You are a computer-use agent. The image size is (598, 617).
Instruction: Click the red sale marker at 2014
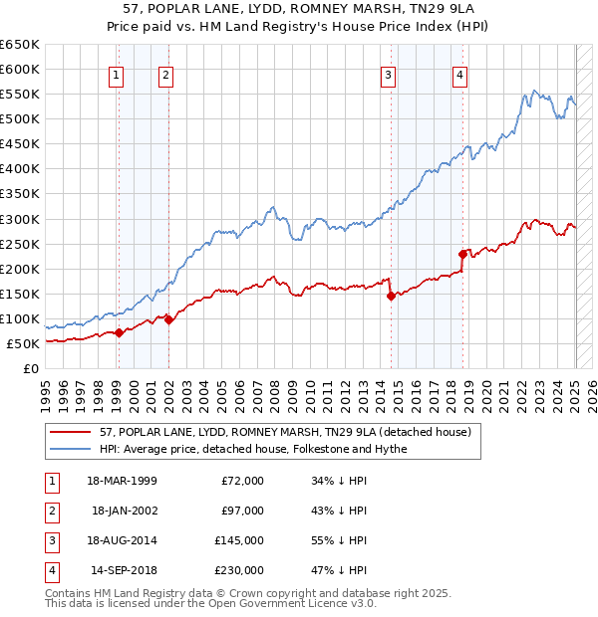[x=391, y=296]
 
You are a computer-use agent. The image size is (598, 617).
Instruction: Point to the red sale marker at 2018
[x=463, y=254]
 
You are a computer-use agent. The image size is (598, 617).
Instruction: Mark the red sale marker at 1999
[x=119, y=332]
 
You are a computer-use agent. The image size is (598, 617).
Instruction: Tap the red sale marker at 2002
[x=169, y=319]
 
